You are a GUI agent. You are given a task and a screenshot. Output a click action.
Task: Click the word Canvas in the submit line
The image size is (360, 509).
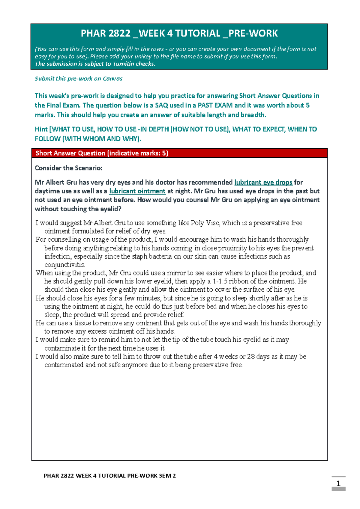pyautogui.click(x=112, y=79)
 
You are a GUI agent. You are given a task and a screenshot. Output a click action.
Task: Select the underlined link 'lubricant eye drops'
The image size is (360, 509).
pyautogui.click(x=263, y=182)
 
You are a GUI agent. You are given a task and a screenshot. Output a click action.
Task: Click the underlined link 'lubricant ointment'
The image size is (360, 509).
pyautogui.click(x=137, y=191)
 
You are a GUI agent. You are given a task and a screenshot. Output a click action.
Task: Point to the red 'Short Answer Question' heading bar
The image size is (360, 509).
pyautogui.click(x=179, y=153)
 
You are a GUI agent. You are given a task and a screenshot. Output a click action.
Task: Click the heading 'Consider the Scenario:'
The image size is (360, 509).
pyautogui.click(x=68, y=168)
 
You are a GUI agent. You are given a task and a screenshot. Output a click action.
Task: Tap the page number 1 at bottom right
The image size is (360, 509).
pyautogui.click(x=338, y=483)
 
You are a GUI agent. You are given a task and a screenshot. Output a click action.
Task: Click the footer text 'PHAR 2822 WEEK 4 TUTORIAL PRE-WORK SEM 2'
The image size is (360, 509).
pyautogui.click(x=109, y=476)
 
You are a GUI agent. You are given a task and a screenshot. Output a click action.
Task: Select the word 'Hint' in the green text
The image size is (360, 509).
pyautogui.click(x=41, y=129)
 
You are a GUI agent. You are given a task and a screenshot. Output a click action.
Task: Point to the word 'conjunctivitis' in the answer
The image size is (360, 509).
pyautogui.click(x=64, y=265)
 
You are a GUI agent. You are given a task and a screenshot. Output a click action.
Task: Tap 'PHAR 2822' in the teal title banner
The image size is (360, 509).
pyautogui.click(x=105, y=33)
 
